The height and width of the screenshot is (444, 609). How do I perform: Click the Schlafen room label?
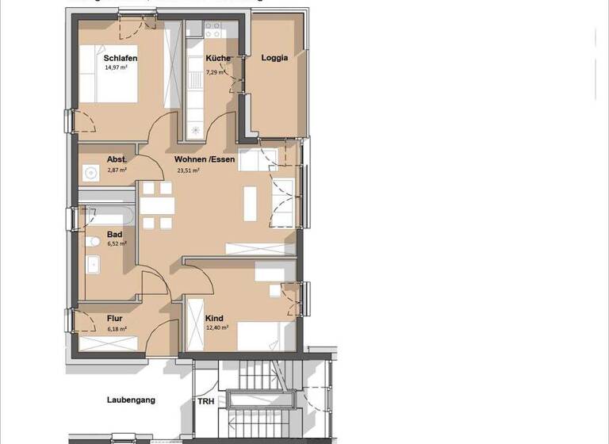click(x=121, y=59)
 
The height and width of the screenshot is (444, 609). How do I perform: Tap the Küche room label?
click(x=218, y=59)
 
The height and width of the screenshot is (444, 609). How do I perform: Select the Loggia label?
click(x=274, y=58)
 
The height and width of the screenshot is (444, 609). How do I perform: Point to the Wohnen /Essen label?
click(x=205, y=159)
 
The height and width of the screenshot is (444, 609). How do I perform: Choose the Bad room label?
click(x=115, y=235)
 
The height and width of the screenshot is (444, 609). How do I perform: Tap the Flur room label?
click(x=115, y=319)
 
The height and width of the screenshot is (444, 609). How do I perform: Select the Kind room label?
click(x=213, y=319)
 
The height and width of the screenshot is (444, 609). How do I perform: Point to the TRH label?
click(x=205, y=401)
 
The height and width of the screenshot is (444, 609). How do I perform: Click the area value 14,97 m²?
click(x=116, y=68)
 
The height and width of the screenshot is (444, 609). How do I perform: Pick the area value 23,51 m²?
click(x=188, y=170)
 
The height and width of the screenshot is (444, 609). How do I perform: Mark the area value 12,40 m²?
click(x=217, y=327)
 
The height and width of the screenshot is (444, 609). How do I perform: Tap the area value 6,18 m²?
click(x=117, y=327)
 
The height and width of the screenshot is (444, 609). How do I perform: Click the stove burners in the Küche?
click(x=213, y=30)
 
